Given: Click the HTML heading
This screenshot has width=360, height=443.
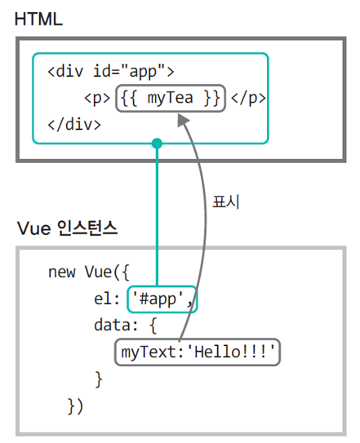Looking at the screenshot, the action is [38, 20].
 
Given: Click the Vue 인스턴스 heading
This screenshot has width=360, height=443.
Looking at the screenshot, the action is [67, 228].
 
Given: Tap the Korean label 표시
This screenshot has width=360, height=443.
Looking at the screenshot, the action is [225, 202].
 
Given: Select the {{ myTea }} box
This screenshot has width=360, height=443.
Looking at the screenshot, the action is [171, 99].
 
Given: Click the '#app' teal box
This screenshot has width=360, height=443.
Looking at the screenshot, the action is [162, 299].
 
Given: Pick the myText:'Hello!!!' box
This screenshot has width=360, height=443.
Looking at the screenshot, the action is [198, 352].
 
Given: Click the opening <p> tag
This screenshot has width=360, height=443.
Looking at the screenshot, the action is [97, 99].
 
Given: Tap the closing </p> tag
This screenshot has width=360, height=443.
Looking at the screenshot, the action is [248, 99].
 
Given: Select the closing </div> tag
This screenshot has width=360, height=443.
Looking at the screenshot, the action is [74, 124].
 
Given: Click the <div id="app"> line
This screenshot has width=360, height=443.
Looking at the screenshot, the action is [110, 71].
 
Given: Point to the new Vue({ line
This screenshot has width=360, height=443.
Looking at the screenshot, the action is [88, 272].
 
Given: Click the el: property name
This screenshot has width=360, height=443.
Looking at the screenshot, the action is [107, 299].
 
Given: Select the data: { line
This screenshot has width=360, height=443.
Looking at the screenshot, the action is [125, 326].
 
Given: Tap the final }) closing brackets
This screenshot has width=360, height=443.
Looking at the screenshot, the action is [75, 406].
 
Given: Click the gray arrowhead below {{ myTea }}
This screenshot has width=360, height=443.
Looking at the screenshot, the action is [183, 121].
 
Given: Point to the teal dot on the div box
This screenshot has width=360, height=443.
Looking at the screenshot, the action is [157, 144].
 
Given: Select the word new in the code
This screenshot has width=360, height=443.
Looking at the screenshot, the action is [62, 272].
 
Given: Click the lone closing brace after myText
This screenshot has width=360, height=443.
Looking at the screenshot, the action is [99, 379].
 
